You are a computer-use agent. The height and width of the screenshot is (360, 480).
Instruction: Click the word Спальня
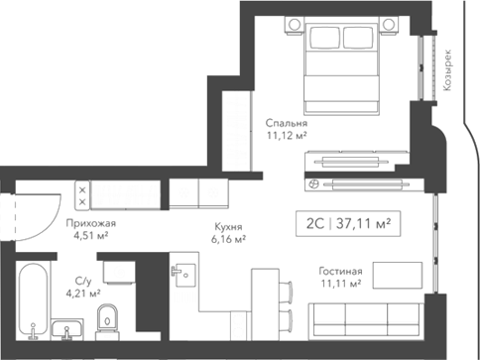(286, 123)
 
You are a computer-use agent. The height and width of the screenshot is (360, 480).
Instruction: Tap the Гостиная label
(340, 271)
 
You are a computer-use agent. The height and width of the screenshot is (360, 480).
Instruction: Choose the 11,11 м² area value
(339, 284)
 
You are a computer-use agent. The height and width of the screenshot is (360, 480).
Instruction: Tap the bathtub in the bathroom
(35, 298)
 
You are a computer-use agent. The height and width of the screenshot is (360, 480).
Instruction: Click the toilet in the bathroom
(108, 318)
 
